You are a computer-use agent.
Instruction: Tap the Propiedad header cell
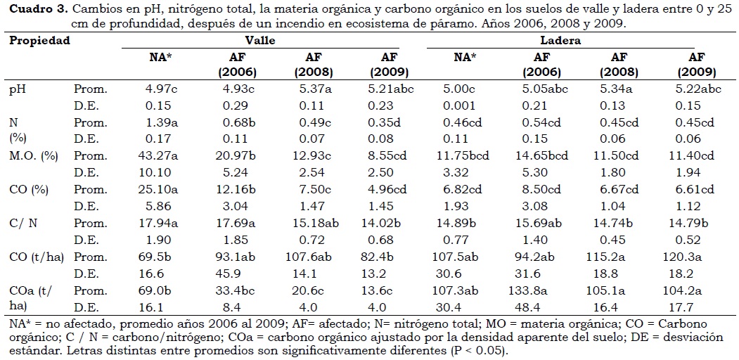point(39,40)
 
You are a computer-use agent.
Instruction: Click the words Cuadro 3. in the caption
point(36,9)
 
